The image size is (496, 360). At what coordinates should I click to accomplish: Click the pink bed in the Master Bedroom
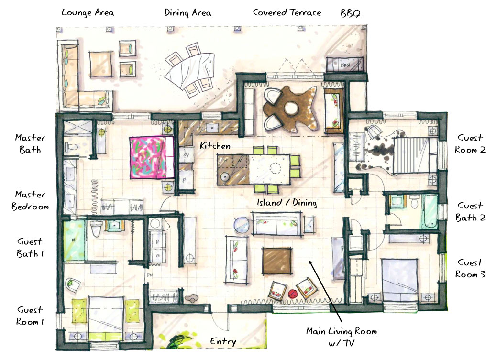pyautogui.click(x=152, y=157)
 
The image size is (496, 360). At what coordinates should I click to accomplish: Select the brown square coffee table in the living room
pyautogui.click(x=277, y=261)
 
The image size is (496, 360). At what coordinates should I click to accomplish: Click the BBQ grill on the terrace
pyautogui.click(x=345, y=65)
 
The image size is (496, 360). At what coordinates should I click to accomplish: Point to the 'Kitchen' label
pyautogui.click(x=215, y=146)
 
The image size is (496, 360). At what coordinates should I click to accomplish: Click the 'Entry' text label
pyautogui.click(x=223, y=341)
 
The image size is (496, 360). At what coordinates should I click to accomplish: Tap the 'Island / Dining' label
pyautogui.click(x=287, y=202)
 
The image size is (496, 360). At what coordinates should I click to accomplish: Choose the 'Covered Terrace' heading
pyautogui.click(x=287, y=12)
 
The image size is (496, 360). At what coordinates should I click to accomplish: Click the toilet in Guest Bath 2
pyautogui.click(x=414, y=203)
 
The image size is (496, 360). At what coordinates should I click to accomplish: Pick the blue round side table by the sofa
pyautogui.click(x=242, y=225)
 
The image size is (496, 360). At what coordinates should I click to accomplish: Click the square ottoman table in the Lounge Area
pyautogui.click(x=101, y=64)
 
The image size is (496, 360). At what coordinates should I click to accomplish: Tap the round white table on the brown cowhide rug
pyautogui.click(x=290, y=109)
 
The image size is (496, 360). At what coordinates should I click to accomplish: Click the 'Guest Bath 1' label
pyautogui.click(x=30, y=248)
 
